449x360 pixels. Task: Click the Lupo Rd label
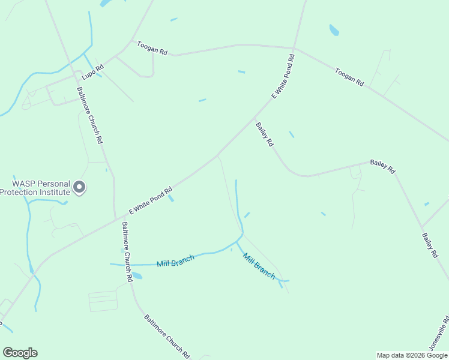(x=92, y=69)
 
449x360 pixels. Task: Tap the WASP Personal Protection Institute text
(x=35, y=187)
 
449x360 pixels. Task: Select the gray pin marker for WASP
(x=79, y=188)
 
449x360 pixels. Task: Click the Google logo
(x=20, y=353)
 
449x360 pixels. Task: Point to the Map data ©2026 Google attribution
(x=412, y=355)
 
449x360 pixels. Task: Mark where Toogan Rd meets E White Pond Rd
(x=294, y=48)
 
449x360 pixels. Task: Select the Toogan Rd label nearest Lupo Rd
(x=151, y=48)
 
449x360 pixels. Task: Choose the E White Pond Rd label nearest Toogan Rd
(x=283, y=76)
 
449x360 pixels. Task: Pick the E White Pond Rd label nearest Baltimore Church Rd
(x=151, y=200)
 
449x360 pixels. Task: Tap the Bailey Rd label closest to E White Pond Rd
(x=265, y=134)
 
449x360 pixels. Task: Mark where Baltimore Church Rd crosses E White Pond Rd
(x=115, y=220)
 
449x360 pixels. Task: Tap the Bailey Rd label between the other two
(x=382, y=166)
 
